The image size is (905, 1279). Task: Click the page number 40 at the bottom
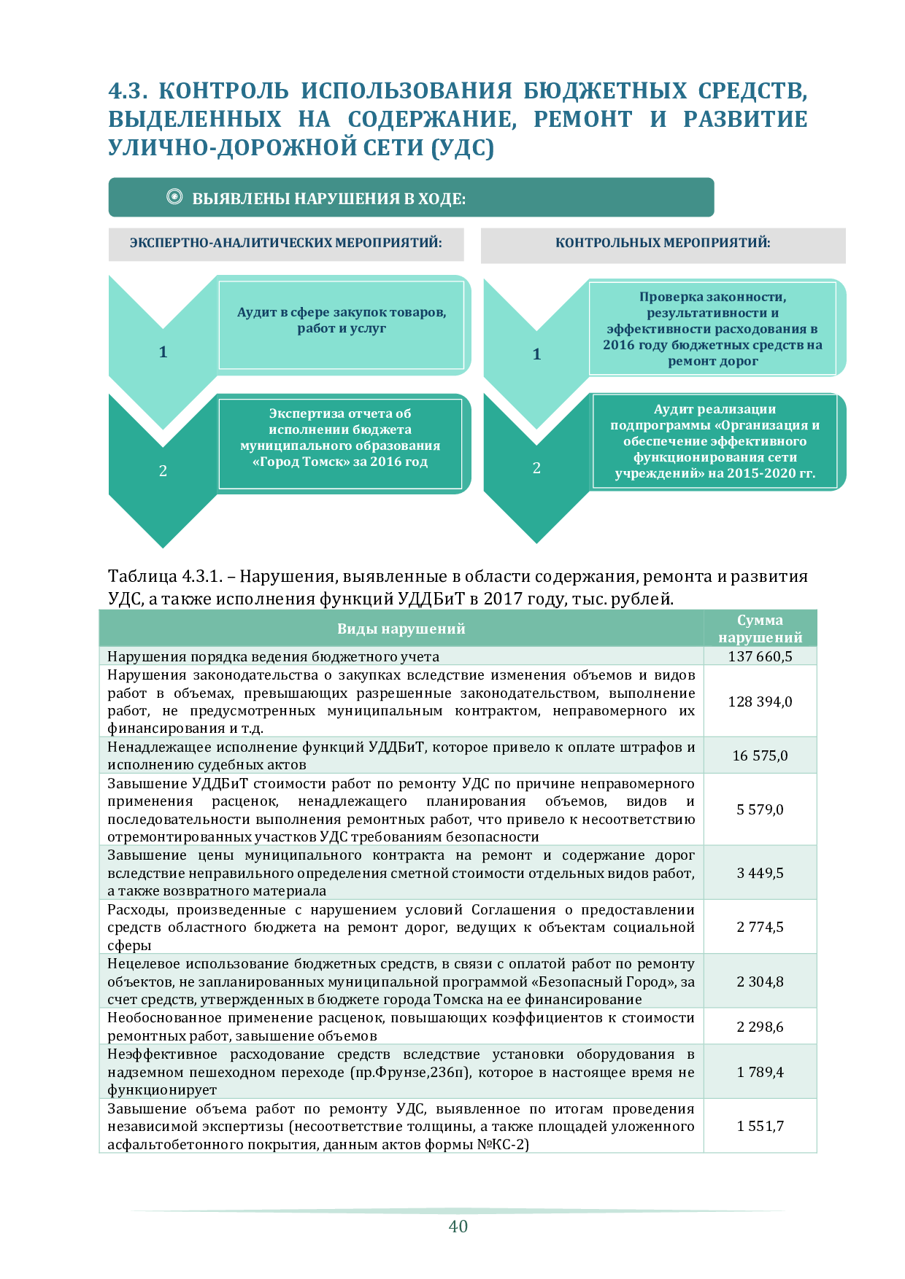click(x=458, y=1226)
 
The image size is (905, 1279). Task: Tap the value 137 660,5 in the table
click(x=760, y=656)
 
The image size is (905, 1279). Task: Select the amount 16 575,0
click(x=760, y=755)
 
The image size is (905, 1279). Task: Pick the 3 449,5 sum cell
click(x=760, y=873)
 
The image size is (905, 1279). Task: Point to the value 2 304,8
click(x=760, y=981)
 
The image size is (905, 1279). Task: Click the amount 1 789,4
click(x=760, y=1072)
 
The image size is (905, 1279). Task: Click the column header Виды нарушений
click(x=401, y=629)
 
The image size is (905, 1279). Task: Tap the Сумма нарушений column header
click(x=760, y=629)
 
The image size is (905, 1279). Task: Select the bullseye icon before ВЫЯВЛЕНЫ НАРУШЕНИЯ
click(x=174, y=197)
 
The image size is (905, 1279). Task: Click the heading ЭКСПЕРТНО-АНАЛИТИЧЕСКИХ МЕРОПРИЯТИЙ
click(x=286, y=243)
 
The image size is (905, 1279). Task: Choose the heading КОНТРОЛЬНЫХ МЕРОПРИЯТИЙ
click(x=663, y=243)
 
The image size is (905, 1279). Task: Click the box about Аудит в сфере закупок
click(x=342, y=320)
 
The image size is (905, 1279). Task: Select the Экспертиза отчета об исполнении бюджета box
click(x=340, y=438)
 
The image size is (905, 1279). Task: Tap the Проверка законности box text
click(x=712, y=328)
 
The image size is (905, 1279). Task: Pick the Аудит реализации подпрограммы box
click(x=715, y=441)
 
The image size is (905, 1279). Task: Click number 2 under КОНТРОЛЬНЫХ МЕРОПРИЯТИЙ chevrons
click(x=536, y=468)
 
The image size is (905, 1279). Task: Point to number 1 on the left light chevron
click(x=163, y=352)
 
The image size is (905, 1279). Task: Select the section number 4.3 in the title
click(x=128, y=91)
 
